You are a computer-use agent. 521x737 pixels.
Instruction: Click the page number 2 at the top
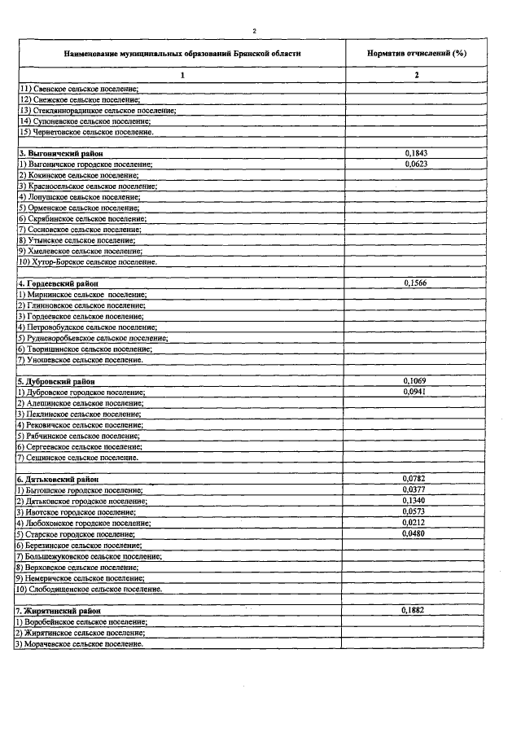pyautogui.click(x=254, y=31)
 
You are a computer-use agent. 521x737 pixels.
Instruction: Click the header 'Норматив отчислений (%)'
pyautogui.click(x=416, y=52)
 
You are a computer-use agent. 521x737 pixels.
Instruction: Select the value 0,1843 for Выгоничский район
pyautogui.click(x=415, y=152)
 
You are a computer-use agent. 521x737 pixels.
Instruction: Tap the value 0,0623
pyautogui.click(x=415, y=164)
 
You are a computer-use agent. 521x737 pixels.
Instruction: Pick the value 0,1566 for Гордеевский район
pyautogui.click(x=415, y=283)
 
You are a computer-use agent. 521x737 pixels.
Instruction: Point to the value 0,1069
pyautogui.click(x=415, y=380)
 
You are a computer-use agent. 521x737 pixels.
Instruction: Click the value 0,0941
pyautogui.click(x=415, y=391)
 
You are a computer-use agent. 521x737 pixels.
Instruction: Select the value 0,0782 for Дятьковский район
pyautogui.click(x=415, y=479)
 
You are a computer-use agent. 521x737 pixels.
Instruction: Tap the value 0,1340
pyautogui.click(x=415, y=501)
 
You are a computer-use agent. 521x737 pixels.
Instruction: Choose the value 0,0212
pyautogui.click(x=415, y=523)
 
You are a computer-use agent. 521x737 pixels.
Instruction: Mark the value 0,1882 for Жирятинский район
pyautogui.click(x=415, y=610)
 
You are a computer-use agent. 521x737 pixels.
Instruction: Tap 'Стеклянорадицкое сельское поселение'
pyautogui.click(x=98, y=109)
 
